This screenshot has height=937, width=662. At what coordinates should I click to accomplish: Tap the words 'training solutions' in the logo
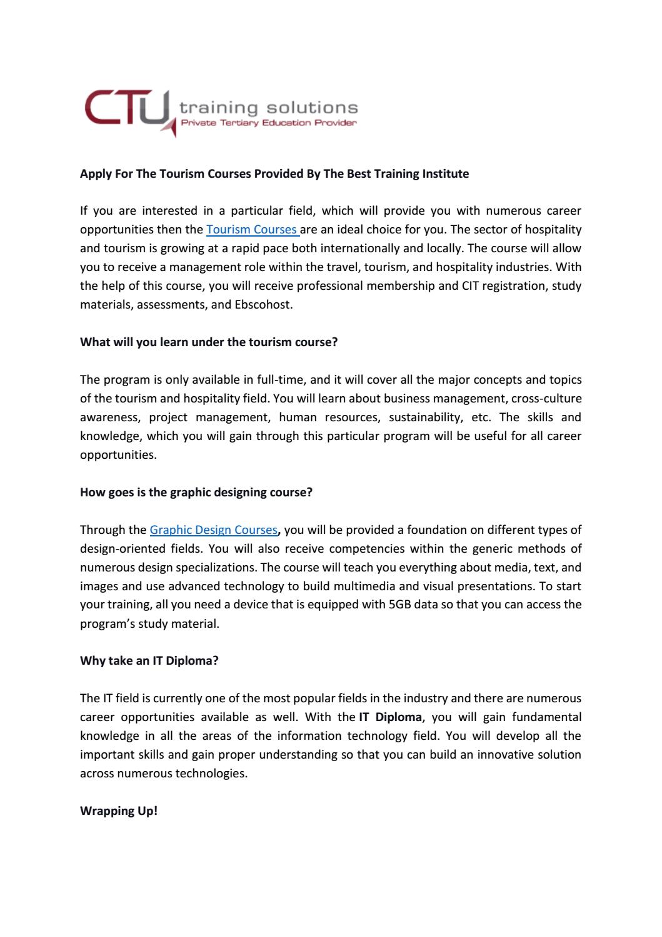(x=268, y=108)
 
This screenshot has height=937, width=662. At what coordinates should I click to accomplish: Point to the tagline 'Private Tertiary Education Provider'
(x=268, y=123)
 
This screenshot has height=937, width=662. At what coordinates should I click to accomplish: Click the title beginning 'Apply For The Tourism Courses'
(x=274, y=173)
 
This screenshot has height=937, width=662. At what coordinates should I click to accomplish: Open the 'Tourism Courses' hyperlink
(x=251, y=230)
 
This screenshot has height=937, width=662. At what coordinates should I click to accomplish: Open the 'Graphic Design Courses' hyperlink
(x=213, y=530)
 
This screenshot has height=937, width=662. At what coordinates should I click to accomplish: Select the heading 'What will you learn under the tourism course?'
(x=209, y=342)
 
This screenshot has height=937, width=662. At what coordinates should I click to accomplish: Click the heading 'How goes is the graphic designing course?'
(x=196, y=492)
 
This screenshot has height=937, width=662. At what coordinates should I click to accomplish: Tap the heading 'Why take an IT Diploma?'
(x=149, y=660)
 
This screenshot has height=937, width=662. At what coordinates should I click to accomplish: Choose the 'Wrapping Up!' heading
(x=119, y=811)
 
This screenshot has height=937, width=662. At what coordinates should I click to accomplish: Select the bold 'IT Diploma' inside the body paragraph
(x=391, y=717)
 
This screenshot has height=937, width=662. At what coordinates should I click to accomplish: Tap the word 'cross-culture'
(x=546, y=399)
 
